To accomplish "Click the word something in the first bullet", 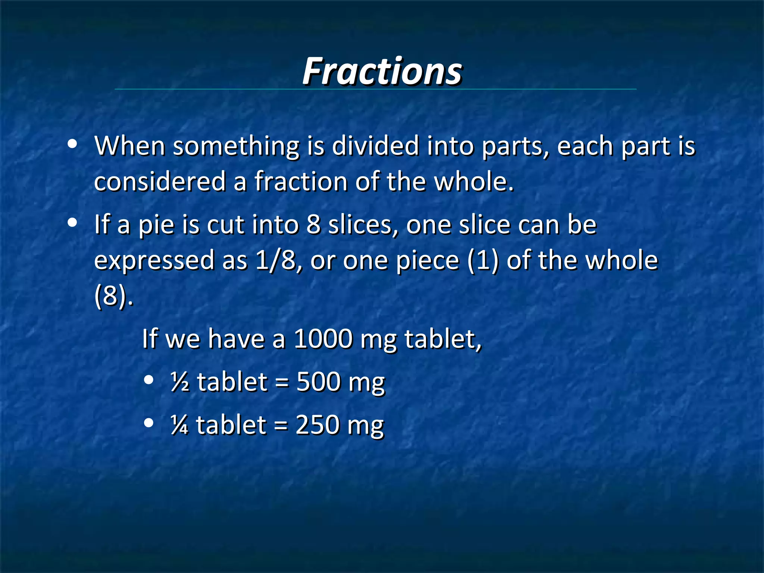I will [x=236, y=146].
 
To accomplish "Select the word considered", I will [x=160, y=182].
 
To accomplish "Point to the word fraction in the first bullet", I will [x=301, y=182].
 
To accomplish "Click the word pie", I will [x=156, y=225].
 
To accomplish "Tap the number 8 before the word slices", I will [x=313, y=225].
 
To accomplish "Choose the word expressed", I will [x=154, y=261].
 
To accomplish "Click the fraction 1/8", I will [x=276, y=260].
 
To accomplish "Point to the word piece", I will [x=427, y=261].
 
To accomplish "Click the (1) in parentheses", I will [x=483, y=260].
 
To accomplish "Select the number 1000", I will [x=323, y=339].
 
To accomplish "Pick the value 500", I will [x=319, y=382].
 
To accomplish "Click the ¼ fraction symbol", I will [x=179, y=425].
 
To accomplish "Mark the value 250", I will [x=317, y=425].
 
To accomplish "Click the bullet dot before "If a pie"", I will [x=72, y=223].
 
